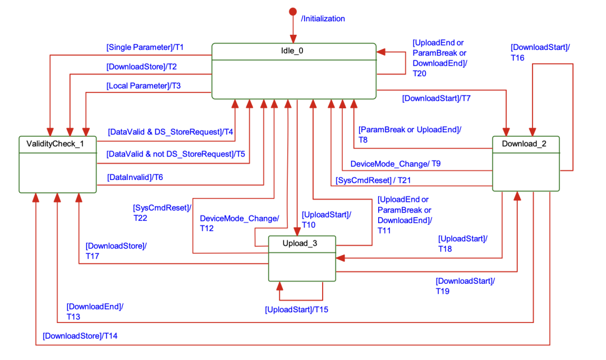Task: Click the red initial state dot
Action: (292, 12)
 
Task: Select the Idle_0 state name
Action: (292, 50)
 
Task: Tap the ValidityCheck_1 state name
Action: (55, 144)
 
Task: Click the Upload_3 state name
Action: (295, 243)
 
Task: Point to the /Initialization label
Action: (323, 19)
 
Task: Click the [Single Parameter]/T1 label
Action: (145, 47)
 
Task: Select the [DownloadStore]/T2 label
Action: (141, 67)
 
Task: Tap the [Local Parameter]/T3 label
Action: (143, 86)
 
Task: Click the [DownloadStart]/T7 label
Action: (436, 99)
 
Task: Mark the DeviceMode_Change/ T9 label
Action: (395, 164)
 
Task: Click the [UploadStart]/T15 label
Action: (296, 309)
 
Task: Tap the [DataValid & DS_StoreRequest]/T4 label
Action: (170, 132)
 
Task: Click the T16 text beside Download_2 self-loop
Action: (518, 57)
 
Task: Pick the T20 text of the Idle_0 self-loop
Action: (420, 73)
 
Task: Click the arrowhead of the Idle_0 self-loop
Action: (380, 52)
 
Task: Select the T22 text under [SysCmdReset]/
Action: (140, 218)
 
